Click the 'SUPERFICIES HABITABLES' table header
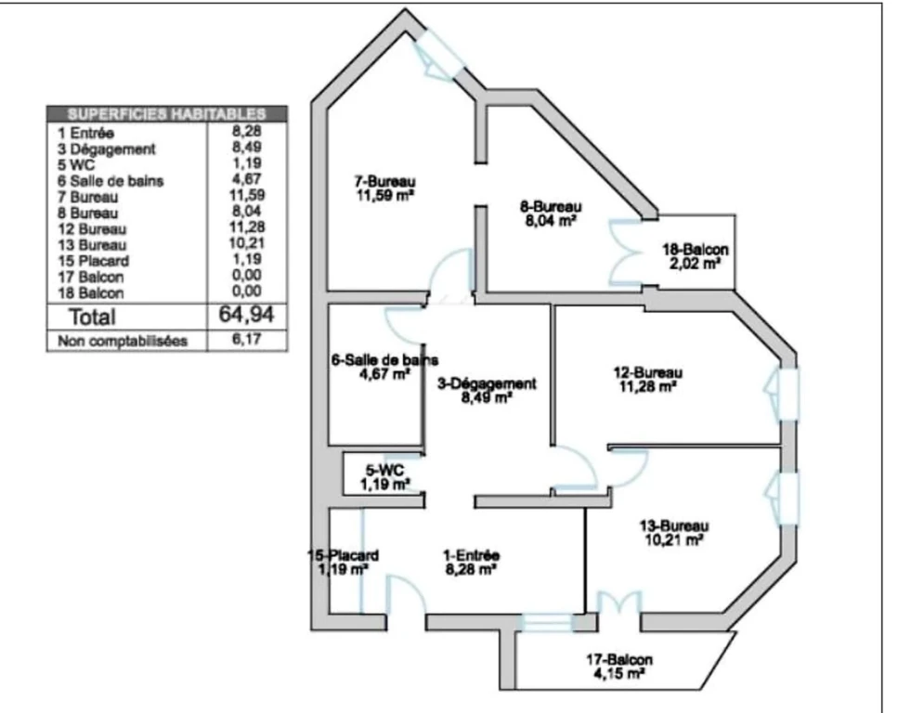[x=166, y=114]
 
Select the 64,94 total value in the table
[x=246, y=315]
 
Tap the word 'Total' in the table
[x=92, y=317]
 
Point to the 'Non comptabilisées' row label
[x=123, y=341]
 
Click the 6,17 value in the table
[x=247, y=339]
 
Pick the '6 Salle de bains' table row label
[x=110, y=181]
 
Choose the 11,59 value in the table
[x=247, y=195]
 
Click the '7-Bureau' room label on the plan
[x=384, y=181]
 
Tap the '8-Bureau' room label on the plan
[x=551, y=206]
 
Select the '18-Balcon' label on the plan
[x=696, y=250]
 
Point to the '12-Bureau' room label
[x=647, y=373]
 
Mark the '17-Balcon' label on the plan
[x=619, y=660]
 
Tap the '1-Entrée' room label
[x=471, y=555]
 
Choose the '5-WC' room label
[x=384, y=470]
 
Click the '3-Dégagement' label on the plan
[x=487, y=383]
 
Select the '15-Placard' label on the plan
[x=343, y=555]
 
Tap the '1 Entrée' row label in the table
[x=85, y=133]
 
